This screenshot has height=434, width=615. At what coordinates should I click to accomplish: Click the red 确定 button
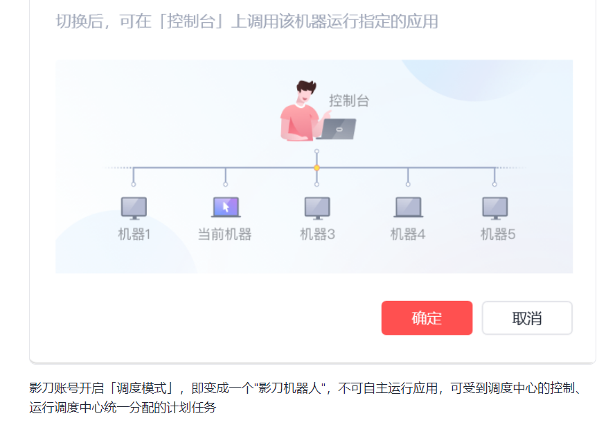(x=427, y=318)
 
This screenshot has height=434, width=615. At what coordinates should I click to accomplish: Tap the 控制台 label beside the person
(x=349, y=101)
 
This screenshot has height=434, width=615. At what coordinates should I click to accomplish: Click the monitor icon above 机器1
(x=134, y=207)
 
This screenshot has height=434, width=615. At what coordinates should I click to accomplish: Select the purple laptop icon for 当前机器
(x=225, y=207)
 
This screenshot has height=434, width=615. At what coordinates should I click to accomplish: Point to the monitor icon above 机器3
(x=317, y=207)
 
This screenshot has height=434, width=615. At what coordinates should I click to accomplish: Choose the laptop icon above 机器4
(x=408, y=207)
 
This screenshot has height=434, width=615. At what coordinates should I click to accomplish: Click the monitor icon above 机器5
(x=494, y=207)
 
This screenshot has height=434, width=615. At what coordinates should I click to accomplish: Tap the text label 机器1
(x=134, y=234)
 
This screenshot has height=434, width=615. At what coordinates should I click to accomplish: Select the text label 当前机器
(x=225, y=234)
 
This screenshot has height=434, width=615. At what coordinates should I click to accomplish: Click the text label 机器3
(x=317, y=234)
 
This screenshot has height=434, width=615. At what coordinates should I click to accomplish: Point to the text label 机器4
(x=408, y=234)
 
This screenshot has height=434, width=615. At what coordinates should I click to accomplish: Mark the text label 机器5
(x=498, y=234)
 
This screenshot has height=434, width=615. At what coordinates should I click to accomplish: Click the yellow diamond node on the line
(x=317, y=168)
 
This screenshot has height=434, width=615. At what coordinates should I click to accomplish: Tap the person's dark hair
(x=305, y=88)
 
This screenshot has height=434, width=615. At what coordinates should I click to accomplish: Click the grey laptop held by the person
(x=337, y=129)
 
